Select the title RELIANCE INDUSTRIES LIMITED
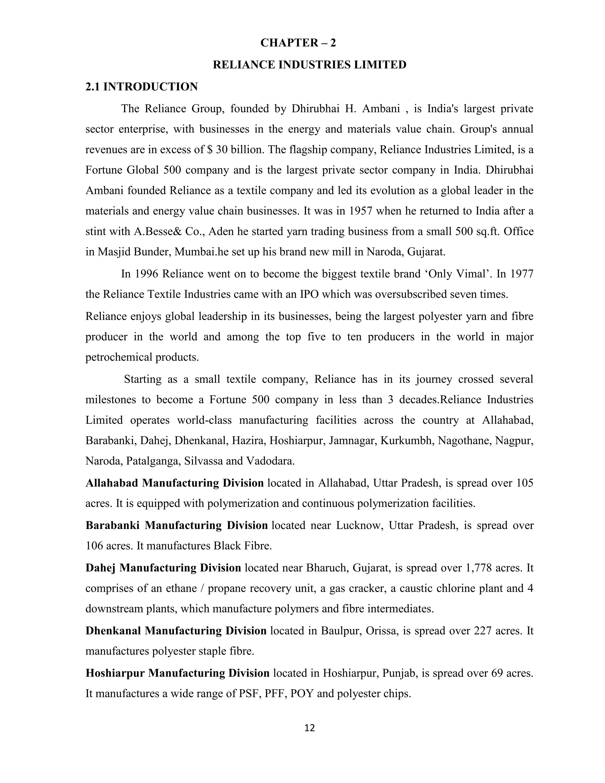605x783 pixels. (309, 65)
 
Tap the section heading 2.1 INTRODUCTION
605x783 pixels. (141, 87)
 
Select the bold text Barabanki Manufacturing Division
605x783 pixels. (176, 525)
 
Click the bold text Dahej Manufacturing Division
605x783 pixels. (163, 568)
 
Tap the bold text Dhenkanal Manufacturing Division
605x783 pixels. (176, 631)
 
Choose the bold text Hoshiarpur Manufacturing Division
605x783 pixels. (178, 673)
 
